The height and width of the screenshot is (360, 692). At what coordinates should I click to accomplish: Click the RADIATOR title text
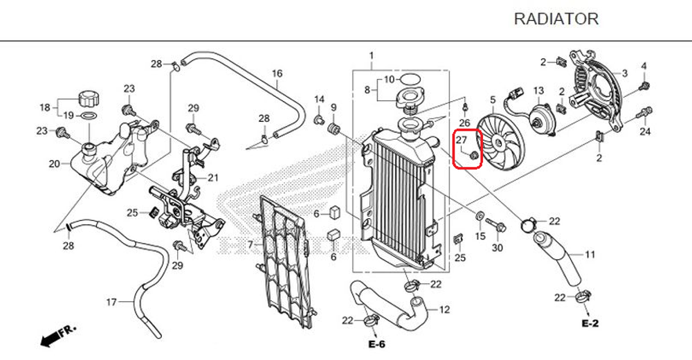click(x=556, y=19)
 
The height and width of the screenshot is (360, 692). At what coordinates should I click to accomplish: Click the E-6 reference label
click(x=376, y=344)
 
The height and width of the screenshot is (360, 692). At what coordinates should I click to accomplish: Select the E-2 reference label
click(x=590, y=323)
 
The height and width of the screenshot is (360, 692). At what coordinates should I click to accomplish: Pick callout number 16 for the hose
click(x=277, y=73)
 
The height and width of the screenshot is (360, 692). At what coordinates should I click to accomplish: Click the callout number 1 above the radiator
click(x=371, y=56)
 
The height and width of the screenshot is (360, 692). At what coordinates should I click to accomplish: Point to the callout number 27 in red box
click(x=461, y=141)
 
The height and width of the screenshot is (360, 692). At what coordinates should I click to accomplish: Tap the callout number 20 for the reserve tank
click(x=54, y=164)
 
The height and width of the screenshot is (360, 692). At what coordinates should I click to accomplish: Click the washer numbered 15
click(x=479, y=217)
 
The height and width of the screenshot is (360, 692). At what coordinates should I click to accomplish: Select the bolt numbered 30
click(x=495, y=225)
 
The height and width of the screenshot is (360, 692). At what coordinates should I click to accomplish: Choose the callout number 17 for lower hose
click(x=111, y=302)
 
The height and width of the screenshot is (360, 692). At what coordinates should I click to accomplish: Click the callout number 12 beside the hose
click(x=444, y=309)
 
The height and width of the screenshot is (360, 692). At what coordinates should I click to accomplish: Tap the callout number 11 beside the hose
click(x=590, y=255)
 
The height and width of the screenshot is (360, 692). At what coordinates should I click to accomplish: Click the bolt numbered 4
click(x=644, y=85)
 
